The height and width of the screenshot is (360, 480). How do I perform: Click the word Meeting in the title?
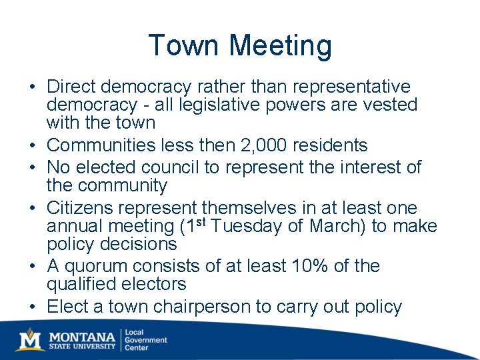[280, 46]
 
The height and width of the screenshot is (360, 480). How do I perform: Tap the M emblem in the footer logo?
[31, 339]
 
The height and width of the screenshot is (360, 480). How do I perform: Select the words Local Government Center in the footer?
[147, 340]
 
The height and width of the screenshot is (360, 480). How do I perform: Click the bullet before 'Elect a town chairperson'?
[32, 307]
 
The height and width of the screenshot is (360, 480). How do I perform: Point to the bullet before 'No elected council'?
[32, 167]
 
